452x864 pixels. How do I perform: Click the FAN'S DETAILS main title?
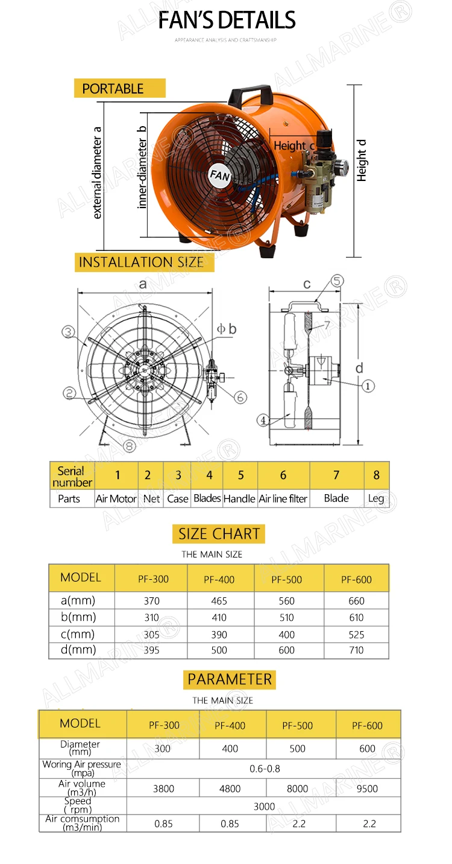(x=227, y=21)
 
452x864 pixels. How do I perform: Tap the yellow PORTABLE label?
(x=119, y=89)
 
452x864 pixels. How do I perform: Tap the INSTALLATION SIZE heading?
(x=142, y=262)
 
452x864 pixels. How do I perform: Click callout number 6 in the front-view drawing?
(x=240, y=397)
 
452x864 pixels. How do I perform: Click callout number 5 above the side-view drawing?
(x=337, y=281)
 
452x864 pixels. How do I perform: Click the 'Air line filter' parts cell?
(x=283, y=498)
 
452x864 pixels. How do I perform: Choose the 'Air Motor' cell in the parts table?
(x=116, y=498)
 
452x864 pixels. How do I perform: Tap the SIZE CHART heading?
(x=219, y=534)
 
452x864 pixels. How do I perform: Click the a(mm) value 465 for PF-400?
(x=219, y=601)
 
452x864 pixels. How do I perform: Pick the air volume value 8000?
(x=297, y=789)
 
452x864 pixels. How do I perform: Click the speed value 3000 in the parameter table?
(x=264, y=807)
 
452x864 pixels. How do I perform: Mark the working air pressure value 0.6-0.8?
(x=265, y=769)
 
